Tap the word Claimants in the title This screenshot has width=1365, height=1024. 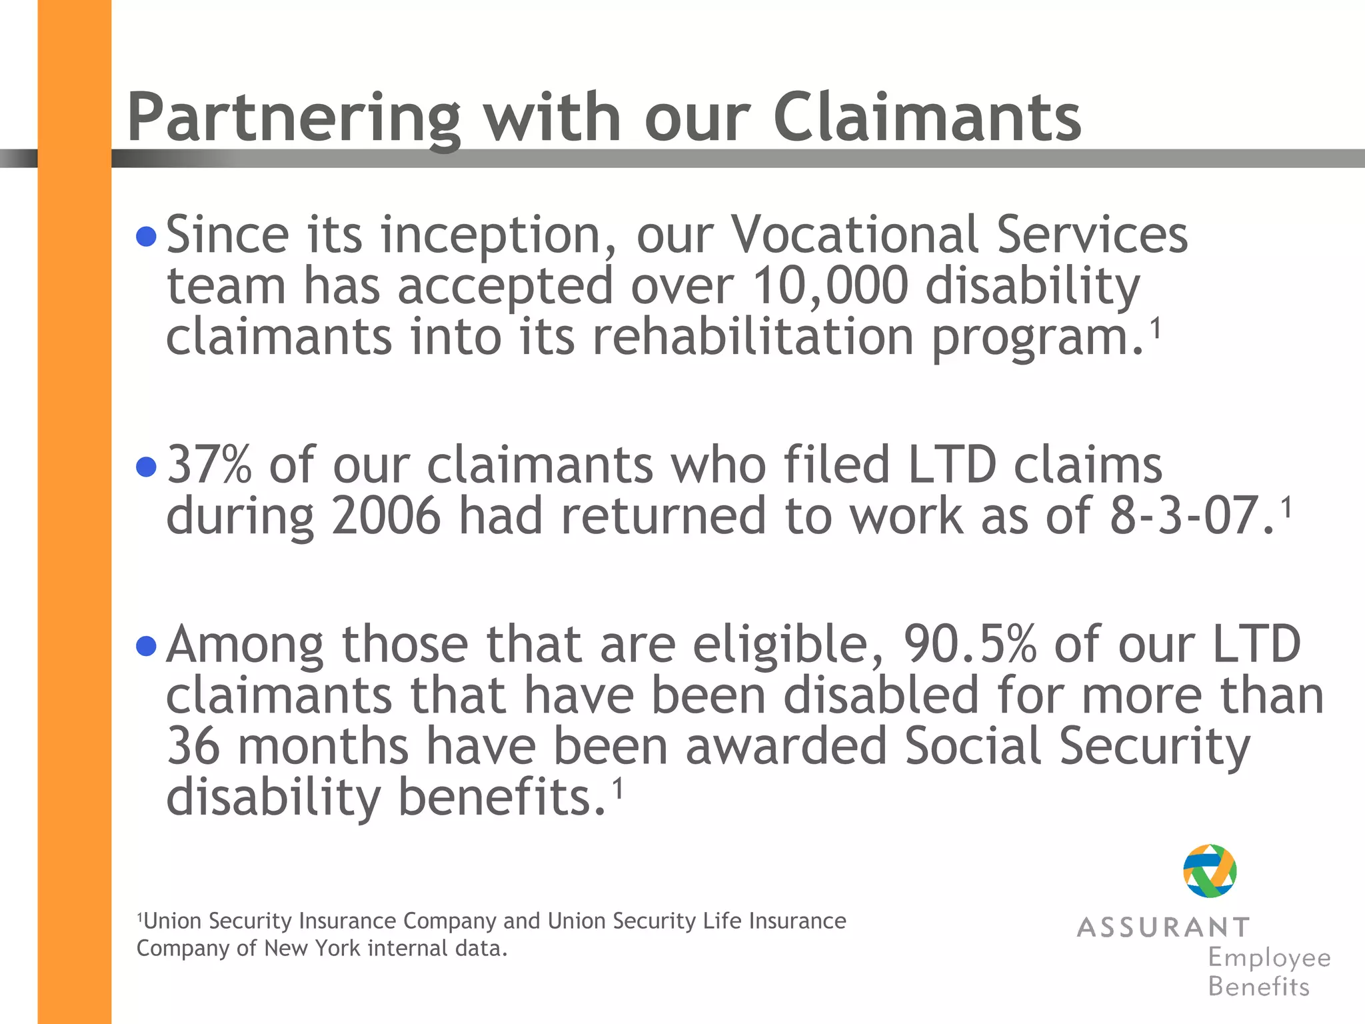click(x=927, y=117)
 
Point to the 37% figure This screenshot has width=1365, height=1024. click(x=209, y=465)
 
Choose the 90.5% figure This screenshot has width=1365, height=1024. click(x=970, y=645)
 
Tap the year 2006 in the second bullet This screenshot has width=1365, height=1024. click(x=387, y=516)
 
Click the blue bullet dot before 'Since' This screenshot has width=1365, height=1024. click(x=146, y=236)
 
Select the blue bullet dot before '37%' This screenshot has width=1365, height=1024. click(x=146, y=467)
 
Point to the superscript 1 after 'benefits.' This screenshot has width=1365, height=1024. click(x=618, y=788)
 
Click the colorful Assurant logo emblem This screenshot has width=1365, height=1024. click(x=1210, y=871)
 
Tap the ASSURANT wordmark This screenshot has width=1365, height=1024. click(x=1163, y=927)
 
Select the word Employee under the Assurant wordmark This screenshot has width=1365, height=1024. click(x=1269, y=959)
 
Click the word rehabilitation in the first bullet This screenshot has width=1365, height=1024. click(x=753, y=337)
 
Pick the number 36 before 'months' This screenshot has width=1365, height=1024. click(x=193, y=747)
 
